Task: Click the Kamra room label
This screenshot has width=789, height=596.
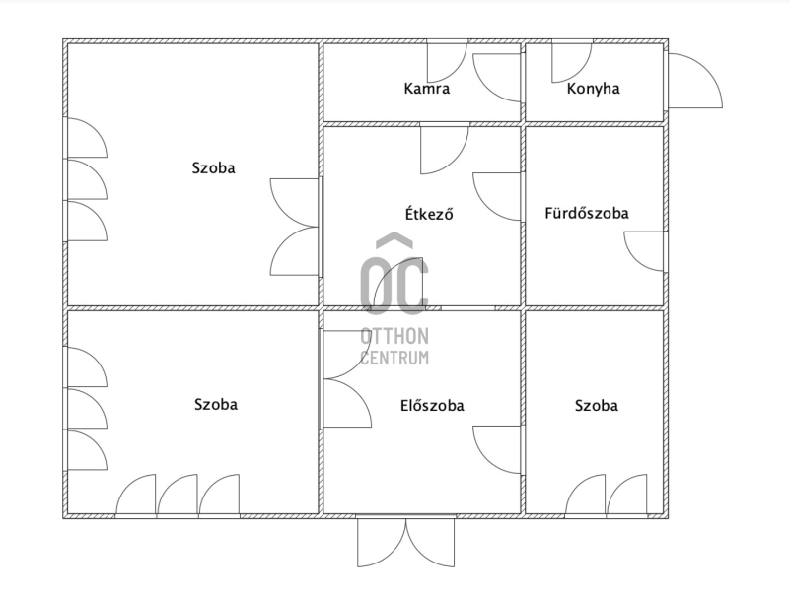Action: click(x=427, y=89)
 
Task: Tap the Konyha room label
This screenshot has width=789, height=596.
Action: click(x=594, y=89)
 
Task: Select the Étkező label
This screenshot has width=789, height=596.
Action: click(x=429, y=214)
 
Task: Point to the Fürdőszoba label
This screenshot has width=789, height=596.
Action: click(x=587, y=213)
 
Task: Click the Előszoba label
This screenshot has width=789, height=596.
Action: click(x=432, y=406)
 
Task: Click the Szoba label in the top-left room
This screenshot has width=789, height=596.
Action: click(x=213, y=167)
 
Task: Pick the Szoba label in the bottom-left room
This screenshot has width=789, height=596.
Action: click(x=216, y=405)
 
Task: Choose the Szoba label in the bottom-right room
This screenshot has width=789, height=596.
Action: click(x=597, y=406)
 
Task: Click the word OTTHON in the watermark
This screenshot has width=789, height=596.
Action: click(x=394, y=336)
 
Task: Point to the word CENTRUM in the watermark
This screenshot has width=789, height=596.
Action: click(x=394, y=358)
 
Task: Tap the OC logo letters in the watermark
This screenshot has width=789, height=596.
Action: click(x=394, y=286)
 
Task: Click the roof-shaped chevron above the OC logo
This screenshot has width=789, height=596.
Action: click(x=394, y=240)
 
